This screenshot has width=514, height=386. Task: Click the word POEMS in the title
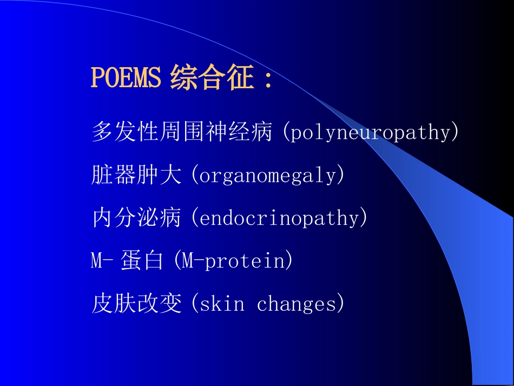coord(126,78)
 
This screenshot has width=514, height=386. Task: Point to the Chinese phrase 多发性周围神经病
coord(182,132)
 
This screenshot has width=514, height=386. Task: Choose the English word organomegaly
coord(268,176)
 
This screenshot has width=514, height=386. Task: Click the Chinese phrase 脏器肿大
coord(136,175)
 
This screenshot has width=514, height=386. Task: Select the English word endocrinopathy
coord(279,219)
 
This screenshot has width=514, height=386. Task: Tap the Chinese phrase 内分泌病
coord(136,218)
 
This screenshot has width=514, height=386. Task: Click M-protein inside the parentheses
coord(233,261)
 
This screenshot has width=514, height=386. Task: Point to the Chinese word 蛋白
coord(142,261)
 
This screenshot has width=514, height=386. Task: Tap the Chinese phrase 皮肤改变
coord(136,304)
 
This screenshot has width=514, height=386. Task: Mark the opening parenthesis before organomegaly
coord(195,176)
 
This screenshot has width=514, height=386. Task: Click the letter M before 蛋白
coord(97,261)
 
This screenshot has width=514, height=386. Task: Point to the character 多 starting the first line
coord(102,132)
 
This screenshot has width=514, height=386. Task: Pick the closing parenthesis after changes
coord(340,304)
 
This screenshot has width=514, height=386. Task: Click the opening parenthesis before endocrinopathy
coord(195,219)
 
